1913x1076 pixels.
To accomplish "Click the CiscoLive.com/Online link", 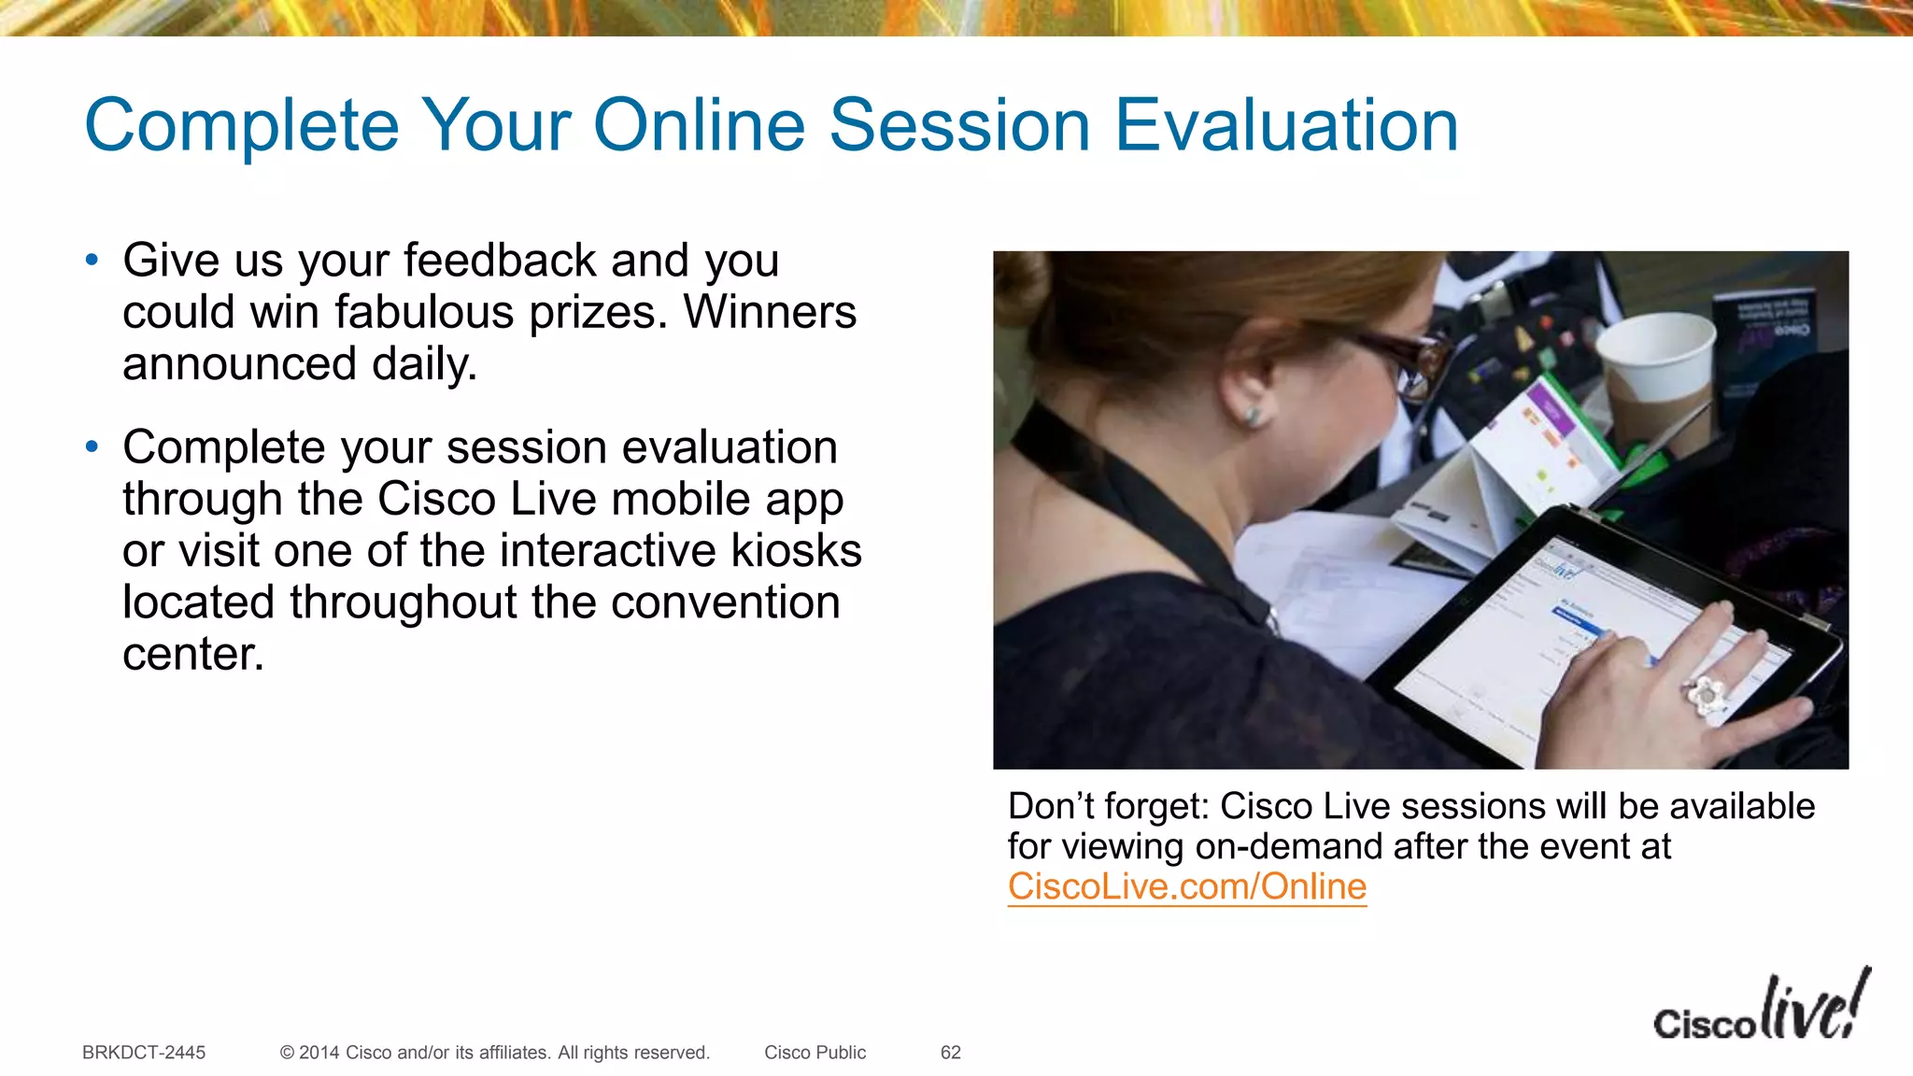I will pyautogui.click(x=1186, y=886).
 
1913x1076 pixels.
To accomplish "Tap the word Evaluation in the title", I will pyautogui.click(x=1286, y=125).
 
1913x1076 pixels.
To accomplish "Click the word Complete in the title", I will pyautogui.click(x=242, y=125).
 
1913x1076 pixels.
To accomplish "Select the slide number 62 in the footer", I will pyautogui.click(x=950, y=1053).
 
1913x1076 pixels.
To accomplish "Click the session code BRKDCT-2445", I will pyautogui.click(x=144, y=1053).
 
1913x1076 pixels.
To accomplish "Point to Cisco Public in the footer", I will pyautogui.click(x=815, y=1053).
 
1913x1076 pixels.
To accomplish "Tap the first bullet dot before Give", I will pyautogui.click(x=92, y=260).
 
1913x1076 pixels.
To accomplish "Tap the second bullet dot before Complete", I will pyautogui.click(x=92, y=447).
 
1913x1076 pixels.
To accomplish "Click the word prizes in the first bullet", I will pyautogui.click(x=598, y=312).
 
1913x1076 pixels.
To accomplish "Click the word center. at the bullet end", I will pyautogui.click(x=193, y=654).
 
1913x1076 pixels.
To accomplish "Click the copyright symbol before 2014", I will pyautogui.click(x=287, y=1053).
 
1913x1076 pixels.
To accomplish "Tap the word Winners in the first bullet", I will pyautogui.click(x=770, y=312).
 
